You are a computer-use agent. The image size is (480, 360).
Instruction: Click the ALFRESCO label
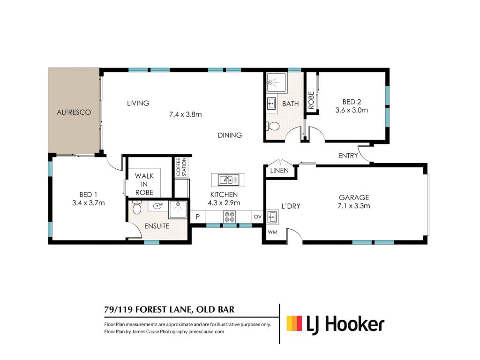pos(74,112)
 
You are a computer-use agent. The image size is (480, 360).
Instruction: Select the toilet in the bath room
pos(273,126)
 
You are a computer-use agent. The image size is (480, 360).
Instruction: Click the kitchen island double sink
pos(228,180)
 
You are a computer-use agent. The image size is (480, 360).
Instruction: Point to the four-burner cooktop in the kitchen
pos(230,217)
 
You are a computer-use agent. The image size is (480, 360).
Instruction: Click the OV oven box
pos(257,217)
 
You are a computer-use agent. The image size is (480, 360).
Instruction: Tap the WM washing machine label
pos(272,232)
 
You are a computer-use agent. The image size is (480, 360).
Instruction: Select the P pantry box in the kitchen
pos(198,217)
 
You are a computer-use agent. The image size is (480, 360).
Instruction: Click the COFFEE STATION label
pos(181,167)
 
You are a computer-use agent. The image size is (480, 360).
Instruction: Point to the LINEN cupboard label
pos(279,171)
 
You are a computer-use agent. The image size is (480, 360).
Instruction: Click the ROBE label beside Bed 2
pos(311,100)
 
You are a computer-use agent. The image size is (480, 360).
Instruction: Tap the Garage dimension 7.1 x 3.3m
pos(353,206)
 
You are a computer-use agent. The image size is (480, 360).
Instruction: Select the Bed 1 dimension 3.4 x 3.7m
pos(89,203)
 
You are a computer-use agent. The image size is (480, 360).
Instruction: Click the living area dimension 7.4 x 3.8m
pos(186,114)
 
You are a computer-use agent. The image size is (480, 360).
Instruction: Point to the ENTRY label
pos(348,156)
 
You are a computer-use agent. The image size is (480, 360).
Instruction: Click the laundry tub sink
pos(272,217)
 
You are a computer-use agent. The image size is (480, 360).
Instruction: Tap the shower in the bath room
pos(277,82)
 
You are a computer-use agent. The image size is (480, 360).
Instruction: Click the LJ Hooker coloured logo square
pos(294,323)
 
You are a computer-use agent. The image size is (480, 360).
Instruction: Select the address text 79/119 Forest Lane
pos(148,310)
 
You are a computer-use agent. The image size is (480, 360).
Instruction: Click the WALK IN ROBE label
pos(144,184)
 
